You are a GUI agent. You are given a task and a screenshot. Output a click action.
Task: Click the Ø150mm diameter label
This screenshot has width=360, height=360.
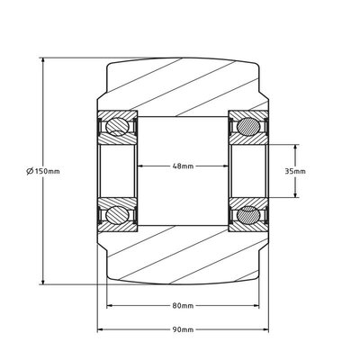(43, 171)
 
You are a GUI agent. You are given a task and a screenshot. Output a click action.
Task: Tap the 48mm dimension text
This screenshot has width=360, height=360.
(183, 166)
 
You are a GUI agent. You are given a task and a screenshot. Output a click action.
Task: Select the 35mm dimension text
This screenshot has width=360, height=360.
(295, 171)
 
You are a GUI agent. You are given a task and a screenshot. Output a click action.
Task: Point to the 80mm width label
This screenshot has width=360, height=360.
(183, 306)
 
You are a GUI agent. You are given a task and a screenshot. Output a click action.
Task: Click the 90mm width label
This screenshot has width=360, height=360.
(183, 329)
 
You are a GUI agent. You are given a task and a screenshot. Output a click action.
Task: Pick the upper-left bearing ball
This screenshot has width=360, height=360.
(117, 127)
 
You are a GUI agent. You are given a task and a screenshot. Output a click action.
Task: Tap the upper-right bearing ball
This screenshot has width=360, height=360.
(248, 127)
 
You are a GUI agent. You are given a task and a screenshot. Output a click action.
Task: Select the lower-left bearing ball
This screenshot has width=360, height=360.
(117, 214)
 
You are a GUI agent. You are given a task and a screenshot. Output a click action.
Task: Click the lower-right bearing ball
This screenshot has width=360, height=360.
(248, 214)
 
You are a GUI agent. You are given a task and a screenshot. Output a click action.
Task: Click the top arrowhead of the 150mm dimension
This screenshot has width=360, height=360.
(43, 60)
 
